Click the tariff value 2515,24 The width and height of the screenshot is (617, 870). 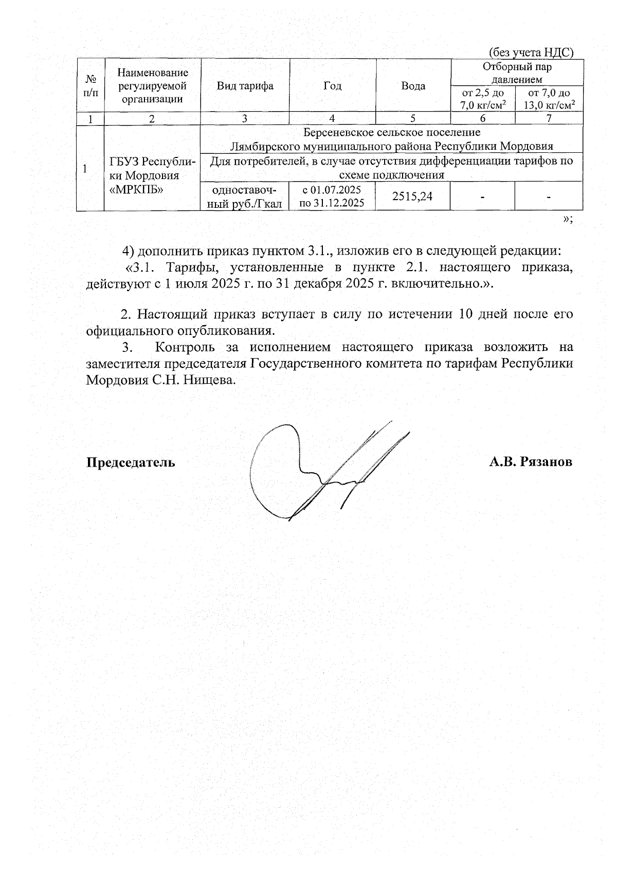(x=412, y=196)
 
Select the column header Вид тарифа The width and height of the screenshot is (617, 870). (x=245, y=85)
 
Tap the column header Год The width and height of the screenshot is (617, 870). (x=332, y=85)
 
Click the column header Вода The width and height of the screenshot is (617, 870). (x=413, y=86)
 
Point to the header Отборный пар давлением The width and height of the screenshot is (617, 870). (x=517, y=73)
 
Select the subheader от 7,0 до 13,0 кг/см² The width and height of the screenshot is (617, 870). (x=549, y=99)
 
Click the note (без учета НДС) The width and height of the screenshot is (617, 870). (x=530, y=52)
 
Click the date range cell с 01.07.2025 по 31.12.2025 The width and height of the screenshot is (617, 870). (x=332, y=196)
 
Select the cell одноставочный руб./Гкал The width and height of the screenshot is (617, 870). (x=245, y=196)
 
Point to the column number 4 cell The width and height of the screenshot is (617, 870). (x=332, y=118)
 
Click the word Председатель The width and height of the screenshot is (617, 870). (x=130, y=462)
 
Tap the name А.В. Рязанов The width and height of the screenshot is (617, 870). (x=530, y=461)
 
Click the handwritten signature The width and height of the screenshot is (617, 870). (x=319, y=471)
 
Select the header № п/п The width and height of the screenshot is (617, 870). (x=90, y=85)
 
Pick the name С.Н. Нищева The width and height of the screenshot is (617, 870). (x=206, y=380)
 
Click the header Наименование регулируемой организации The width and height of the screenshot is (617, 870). (x=152, y=85)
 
